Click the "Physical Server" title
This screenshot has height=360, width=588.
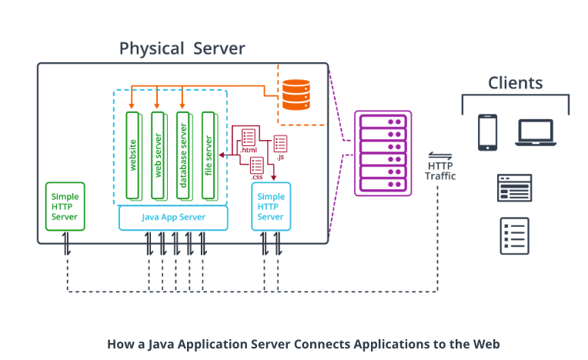pos(182,49)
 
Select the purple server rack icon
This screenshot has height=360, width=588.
pos(383,154)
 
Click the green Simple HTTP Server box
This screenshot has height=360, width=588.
pos(65,206)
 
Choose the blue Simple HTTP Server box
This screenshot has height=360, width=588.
pos(271,206)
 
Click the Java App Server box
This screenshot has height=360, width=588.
pos(173,218)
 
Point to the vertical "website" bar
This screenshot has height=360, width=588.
pos(133,154)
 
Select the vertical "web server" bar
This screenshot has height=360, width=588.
pos(158,154)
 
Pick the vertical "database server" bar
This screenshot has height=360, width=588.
pos(182,154)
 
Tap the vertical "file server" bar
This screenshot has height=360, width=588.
pos(208,154)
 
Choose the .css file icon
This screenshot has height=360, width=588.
pos(256,164)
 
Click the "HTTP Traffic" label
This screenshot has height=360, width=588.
pos(440,171)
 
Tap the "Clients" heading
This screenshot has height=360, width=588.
pos(515,83)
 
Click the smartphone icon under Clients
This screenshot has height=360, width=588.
pos(487,132)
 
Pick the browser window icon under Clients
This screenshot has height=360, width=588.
pos(514,188)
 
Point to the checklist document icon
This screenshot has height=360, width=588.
pos(514,235)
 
